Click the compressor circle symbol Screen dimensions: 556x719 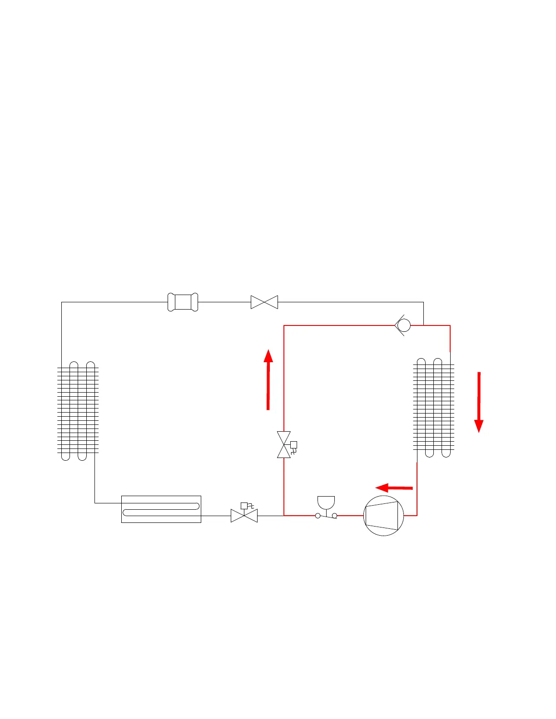[x=384, y=516]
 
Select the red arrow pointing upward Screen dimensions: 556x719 [x=268, y=379]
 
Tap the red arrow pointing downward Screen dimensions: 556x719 [x=479, y=402]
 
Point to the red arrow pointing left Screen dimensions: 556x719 [x=394, y=488]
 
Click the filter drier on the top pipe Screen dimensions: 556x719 [x=183, y=302]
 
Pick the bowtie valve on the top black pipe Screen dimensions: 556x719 [x=264, y=302]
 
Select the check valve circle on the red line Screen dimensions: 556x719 [x=403, y=325]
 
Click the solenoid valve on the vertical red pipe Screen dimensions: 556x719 [x=284, y=445]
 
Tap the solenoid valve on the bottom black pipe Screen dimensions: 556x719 [x=244, y=516]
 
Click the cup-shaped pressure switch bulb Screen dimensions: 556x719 [x=326, y=502]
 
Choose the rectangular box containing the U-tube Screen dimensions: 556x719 [x=161, y=509]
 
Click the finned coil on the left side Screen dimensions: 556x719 [x=78, y=411]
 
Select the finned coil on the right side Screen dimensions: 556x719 [x=434, y=408]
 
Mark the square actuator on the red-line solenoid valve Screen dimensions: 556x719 [x=293, y=445]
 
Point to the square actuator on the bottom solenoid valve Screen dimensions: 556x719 [x=244, y=506]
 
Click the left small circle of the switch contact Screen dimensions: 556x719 [x=318, y=516]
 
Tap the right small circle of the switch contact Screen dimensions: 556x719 [x=335, y=516]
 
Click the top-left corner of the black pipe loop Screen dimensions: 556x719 [x=62, y=302]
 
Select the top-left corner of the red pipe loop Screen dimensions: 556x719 [x=284, y=325]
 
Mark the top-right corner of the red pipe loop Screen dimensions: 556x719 [x=450, y=325]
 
